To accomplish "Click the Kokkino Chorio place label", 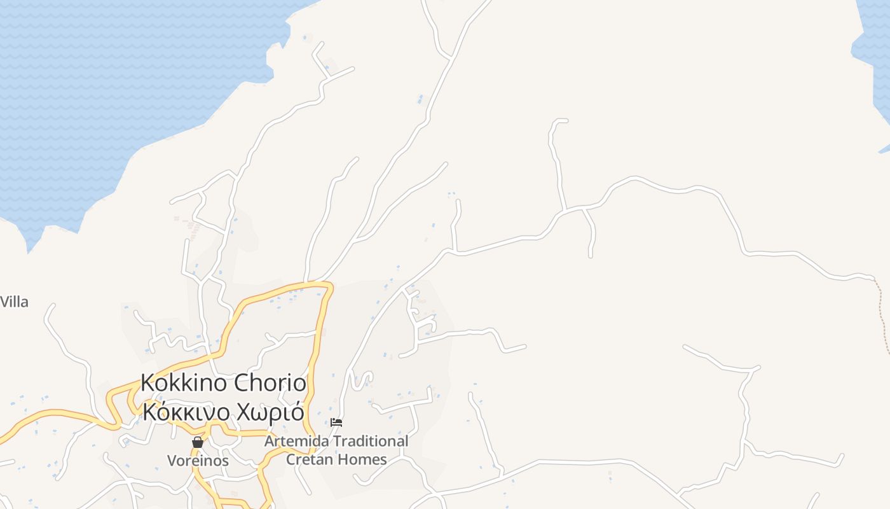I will [223, 383].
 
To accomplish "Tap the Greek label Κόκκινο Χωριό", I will [223, 412].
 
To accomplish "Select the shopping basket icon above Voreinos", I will [198, 442].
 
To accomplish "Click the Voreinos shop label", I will [198, 460].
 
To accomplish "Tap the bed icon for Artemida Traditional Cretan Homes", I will [336, 422].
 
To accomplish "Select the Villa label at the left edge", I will [14, 302].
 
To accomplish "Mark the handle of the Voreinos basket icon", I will [198, 438].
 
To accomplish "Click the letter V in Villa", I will [4, 302].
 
